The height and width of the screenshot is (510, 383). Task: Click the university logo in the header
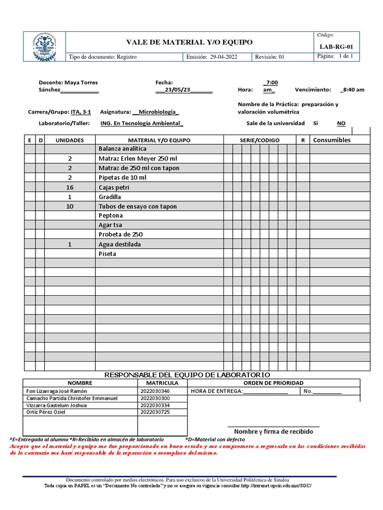[x=44, y=47]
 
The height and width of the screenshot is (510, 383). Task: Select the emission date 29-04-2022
[x=224, y=57]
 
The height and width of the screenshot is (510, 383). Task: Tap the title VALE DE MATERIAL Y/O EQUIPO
[x=190, y=42]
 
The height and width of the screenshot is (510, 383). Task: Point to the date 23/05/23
[x=178, y=90]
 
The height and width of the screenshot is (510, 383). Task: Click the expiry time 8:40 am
[x=354, y=90]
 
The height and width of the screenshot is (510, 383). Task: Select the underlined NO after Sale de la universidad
[x=341, y=123]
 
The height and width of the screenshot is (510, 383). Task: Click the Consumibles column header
[x=332, y=140]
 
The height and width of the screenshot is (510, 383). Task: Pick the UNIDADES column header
[x=69, y=140]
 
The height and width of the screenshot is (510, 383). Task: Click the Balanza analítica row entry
[x=122, y=149]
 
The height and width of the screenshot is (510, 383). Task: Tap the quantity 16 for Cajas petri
[x=70, y=187]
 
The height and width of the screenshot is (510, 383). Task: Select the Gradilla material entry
[x=110, y=197]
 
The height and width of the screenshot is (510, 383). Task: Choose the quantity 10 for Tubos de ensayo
[x=70, y=206]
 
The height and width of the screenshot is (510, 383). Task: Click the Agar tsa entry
[x=110, y=225]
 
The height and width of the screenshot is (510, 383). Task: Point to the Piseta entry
[x=107, y=254]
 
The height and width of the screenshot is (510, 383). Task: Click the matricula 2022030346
[x=155, y=391]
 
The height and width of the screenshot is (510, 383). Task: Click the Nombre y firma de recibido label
[x=273, y=431]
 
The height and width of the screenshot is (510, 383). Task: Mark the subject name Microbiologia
[x=157, y=112]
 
